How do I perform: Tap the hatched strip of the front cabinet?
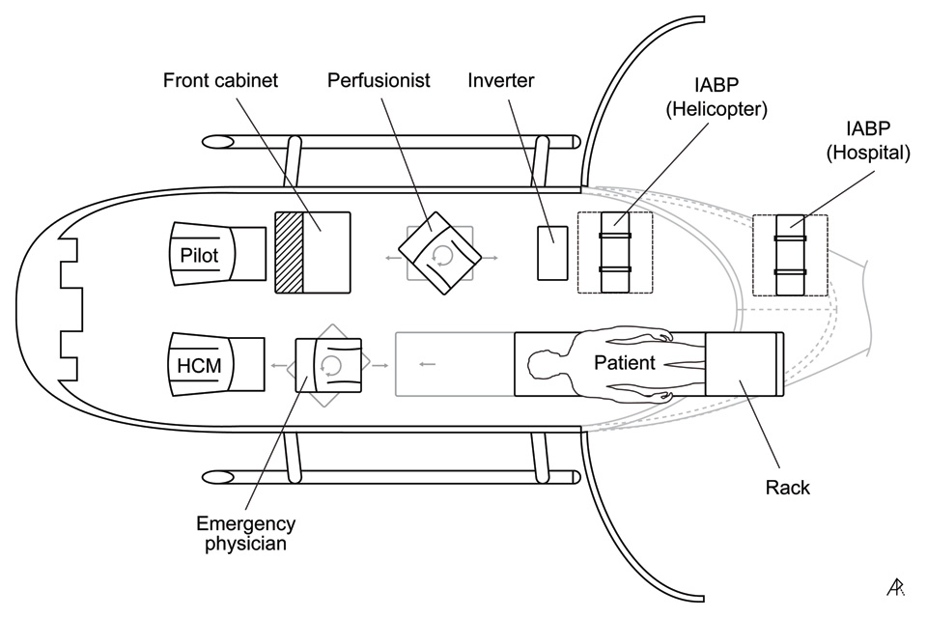pos(290,253)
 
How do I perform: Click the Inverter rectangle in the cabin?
pos(552,252)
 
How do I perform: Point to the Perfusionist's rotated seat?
pos(441,254)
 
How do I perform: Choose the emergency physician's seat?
pos(328,364)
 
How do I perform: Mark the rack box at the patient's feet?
pos(744,364)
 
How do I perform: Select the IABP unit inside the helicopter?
pos(615,253)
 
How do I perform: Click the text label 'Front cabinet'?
pos(220,80)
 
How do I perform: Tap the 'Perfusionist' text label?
pos(379,80)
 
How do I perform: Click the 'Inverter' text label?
pos(501,80)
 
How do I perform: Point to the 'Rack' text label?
pos(789,488)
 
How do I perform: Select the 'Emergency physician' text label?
pos(245,534)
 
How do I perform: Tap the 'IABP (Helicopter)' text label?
pos(716,97)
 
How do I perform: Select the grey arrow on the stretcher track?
pos(428,364)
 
